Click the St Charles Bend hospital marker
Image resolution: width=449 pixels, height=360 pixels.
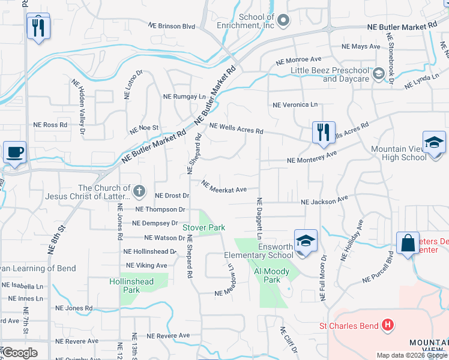tap(388, 326)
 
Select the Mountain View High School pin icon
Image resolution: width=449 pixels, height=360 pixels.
tap(434, 143)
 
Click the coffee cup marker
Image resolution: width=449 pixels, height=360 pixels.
tap(14, 152)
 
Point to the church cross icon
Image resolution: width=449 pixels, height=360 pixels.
tap(139, 192)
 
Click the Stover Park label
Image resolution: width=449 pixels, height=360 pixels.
tap(203, 227)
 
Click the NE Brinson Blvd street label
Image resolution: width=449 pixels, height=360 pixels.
tap(172, 26)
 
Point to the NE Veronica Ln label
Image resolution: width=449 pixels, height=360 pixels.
tap(295, 104)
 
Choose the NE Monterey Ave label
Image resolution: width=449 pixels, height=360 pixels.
tap(312, 158)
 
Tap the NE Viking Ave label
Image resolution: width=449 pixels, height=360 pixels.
tap(146, 265)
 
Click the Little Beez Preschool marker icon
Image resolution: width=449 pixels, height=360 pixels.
tap(378, 74)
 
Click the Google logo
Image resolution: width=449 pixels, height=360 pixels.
tap(20, 353)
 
